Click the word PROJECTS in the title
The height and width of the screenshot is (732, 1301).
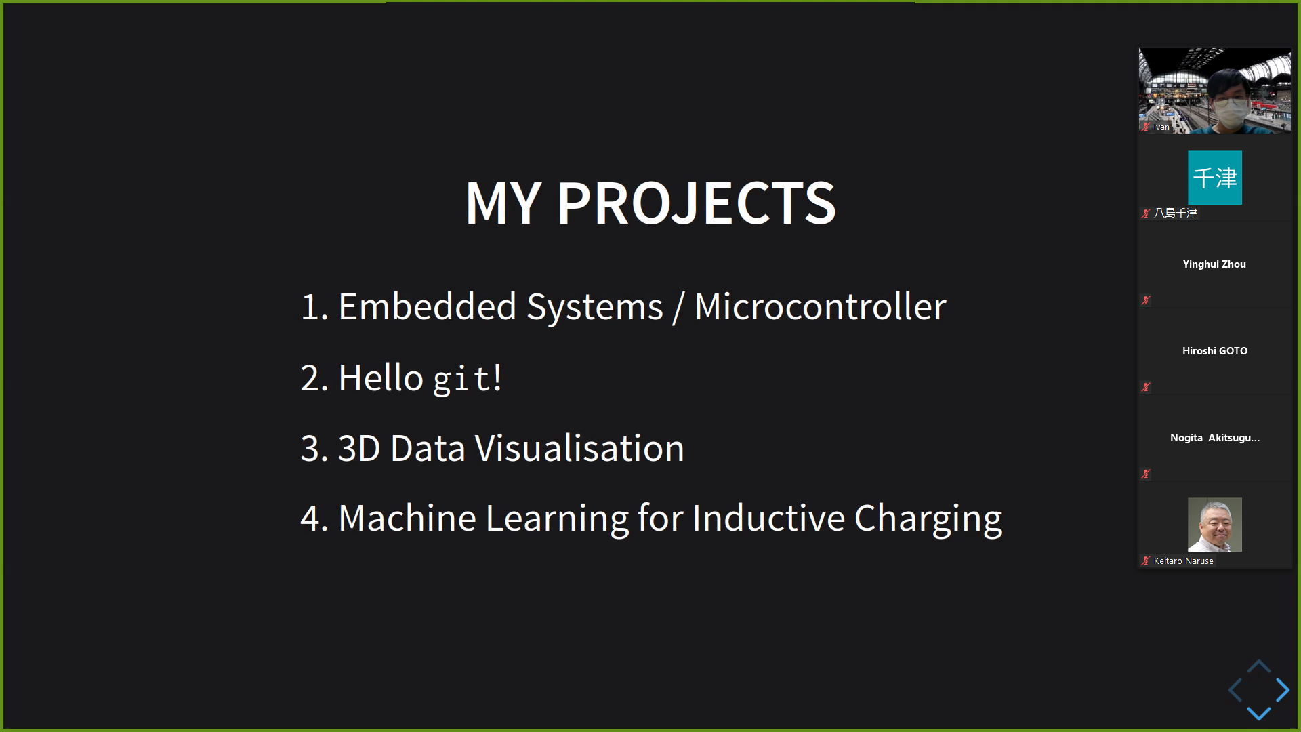697,203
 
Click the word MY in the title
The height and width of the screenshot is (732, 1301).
503,203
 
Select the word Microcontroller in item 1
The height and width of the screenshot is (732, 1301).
820,306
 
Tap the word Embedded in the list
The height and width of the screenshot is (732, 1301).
427,306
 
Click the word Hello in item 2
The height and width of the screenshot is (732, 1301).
381,378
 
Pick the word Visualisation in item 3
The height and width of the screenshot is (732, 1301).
579,448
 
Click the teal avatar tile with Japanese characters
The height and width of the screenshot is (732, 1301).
1215,178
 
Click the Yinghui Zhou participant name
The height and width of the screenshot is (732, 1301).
1214,264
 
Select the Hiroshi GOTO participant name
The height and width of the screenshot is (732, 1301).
1215,351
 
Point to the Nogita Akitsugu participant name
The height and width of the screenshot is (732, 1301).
1215,438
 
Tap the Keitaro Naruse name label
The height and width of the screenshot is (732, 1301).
1184,561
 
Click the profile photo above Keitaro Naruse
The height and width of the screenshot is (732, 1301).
1215,525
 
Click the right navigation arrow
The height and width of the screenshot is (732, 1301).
1283,690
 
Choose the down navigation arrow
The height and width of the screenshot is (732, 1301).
1259,713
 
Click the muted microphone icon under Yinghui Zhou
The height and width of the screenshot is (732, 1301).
1146,300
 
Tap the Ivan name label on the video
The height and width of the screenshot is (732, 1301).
1161,127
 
